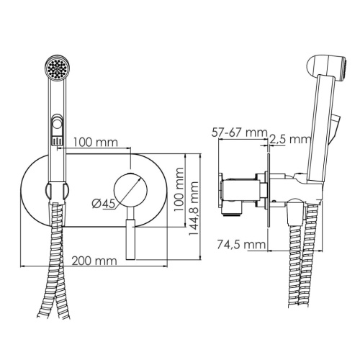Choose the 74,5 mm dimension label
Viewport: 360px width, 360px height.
[242, 245]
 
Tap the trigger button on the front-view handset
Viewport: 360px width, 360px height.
[55, 130]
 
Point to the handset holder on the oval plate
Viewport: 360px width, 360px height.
[55, 192]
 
